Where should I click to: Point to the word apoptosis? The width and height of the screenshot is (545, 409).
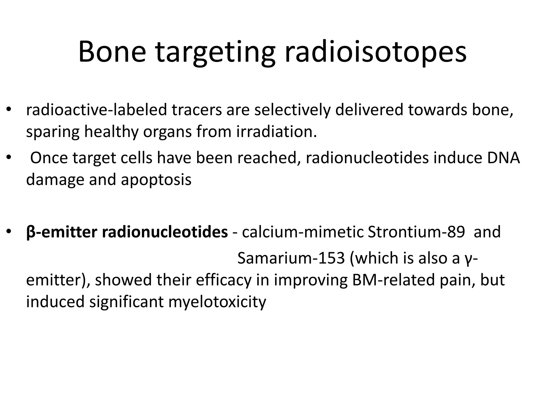156,179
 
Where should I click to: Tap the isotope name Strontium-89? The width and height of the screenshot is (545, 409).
416,232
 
